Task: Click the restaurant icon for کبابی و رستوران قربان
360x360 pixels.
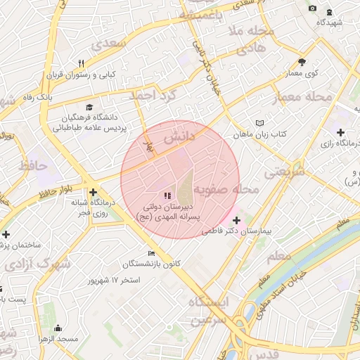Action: (82, 63)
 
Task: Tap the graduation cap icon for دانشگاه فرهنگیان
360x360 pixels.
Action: (89, 107)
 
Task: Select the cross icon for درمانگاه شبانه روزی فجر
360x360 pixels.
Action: (93, 192)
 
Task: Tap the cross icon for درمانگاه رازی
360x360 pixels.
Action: (340, 132)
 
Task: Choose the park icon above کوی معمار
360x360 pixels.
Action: (302, 62)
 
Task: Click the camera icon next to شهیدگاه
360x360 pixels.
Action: (312, 8)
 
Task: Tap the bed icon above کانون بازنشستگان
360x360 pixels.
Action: (152, 253)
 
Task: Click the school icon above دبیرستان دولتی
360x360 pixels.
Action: (167, 195)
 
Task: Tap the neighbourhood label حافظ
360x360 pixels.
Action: (32, 167)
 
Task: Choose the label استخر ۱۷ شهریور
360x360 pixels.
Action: (112, 280)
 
